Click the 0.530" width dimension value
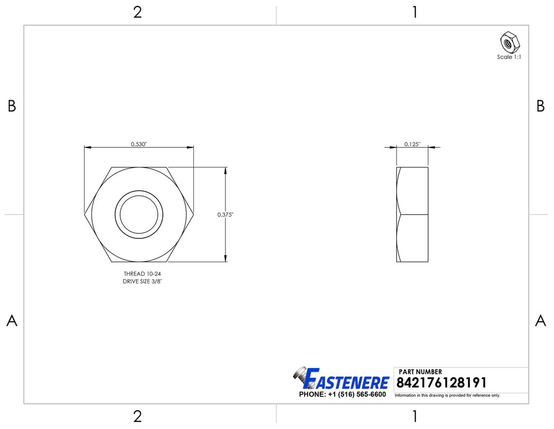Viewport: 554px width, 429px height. (138, 144)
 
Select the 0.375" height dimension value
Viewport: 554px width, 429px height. (225, 214)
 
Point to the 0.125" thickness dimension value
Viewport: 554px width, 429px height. (412, 144)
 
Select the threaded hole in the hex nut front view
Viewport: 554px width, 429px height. (139, 214)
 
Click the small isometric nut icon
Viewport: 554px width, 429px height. (509, 42)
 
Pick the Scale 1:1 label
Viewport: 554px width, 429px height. (509, 57)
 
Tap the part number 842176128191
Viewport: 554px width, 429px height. (442, 383)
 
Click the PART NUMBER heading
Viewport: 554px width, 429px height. (420, 372)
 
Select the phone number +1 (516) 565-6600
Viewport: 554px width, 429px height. (342, 395)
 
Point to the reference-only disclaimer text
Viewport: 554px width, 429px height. (447, 396)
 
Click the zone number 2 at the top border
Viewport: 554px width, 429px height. (137, 12)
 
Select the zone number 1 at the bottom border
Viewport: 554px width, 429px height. (414, 416)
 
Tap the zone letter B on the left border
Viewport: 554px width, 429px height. (12, 107)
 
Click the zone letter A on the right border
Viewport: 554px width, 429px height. (541, 321)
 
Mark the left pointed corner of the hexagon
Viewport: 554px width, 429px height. (85, 214)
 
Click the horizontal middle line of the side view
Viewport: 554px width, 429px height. (412, 214)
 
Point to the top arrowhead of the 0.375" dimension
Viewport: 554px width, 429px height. (225, 170)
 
